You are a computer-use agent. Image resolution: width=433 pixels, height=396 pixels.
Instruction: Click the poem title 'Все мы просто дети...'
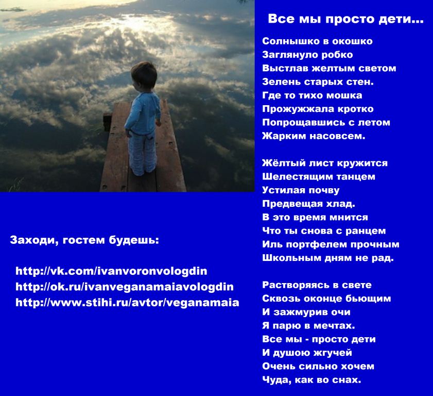345,19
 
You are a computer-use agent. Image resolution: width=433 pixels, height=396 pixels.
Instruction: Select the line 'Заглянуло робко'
307,55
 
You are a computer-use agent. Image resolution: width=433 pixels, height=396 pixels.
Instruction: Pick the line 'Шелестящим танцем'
319,177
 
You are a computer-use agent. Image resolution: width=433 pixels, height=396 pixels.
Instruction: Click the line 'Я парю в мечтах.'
308,326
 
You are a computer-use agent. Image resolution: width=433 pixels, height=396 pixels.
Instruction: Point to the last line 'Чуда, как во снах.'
311,380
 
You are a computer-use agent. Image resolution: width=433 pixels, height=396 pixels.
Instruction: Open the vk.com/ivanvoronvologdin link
111,271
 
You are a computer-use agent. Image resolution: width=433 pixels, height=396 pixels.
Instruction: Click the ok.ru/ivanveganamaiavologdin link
125,287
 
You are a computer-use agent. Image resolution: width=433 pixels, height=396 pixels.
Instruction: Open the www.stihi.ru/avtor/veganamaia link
127,302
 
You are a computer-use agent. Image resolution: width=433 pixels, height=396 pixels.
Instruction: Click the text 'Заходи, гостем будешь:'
84,240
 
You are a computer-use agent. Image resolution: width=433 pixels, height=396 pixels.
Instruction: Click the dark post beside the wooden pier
108,122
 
